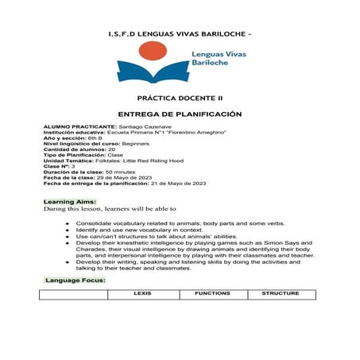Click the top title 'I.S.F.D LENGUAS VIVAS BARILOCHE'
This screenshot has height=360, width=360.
(x=177, y=35)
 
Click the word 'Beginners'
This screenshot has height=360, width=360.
(x=135, y=143)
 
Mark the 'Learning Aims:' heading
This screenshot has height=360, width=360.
(x=70, y=203)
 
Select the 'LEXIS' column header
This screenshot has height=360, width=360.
(x=142, y=293)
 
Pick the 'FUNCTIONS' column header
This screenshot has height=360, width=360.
(x=212, y=293)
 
